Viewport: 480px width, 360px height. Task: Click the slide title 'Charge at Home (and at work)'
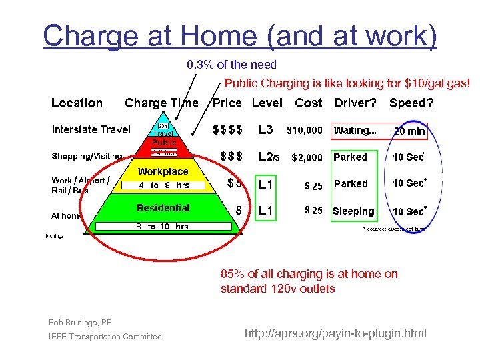[240, 35]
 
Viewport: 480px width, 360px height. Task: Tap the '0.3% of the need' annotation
[231, 65]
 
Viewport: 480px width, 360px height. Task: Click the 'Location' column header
[77, 103]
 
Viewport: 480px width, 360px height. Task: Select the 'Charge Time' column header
[161, 103]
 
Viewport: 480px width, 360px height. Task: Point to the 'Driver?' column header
[355, 103]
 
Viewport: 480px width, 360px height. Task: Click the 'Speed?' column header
[411, 103]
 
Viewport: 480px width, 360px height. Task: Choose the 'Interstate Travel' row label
[91, 129]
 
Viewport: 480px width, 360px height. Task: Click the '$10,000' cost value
[304, 131]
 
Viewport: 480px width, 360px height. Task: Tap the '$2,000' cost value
[307, 157]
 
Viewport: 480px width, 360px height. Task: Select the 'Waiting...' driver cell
[355, 131]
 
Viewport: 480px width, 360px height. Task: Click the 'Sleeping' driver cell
[353, 211]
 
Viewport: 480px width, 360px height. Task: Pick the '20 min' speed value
[409, 131]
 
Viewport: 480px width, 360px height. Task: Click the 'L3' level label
[265, 130]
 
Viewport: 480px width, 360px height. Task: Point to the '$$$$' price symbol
[227, 130]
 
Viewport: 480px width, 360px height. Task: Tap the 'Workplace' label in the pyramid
[163, 171]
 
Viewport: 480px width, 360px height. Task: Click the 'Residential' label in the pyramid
[163, 208]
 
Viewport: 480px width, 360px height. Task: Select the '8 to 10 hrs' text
[162, 227]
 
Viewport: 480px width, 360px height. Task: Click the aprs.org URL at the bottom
[335, 333]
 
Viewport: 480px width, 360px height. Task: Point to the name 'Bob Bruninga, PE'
[80, 323]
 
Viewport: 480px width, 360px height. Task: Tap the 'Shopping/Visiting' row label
[87, 156]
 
